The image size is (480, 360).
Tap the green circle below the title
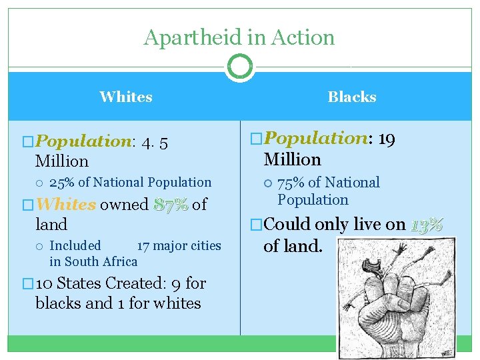(239, 67)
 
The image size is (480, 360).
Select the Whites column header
(126, 97)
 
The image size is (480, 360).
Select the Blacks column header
(352, 97)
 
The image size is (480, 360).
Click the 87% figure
(170, 205)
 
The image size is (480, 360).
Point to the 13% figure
(427, 225)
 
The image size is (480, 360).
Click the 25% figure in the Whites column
(63, 183)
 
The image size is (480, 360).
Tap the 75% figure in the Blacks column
(291, 183)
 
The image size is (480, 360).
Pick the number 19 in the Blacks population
(387, 139)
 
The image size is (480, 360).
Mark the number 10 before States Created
(45, 283)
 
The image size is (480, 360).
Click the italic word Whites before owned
(66, 205)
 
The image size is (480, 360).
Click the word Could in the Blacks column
(287, 225)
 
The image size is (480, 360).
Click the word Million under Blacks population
(292, 159)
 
